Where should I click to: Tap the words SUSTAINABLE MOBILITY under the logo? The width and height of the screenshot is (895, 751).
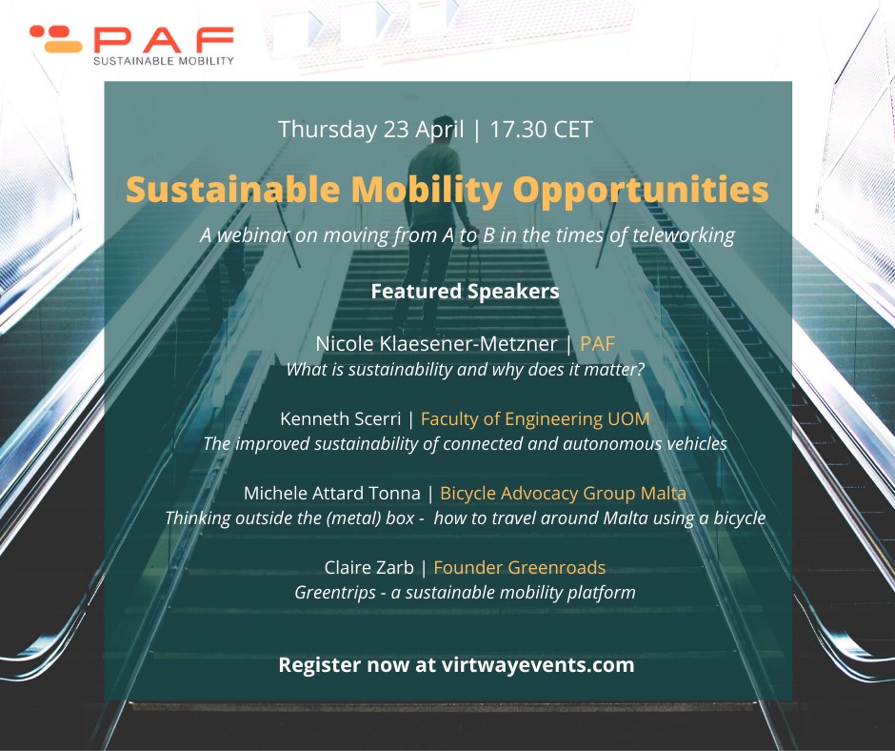(x=163, y=61)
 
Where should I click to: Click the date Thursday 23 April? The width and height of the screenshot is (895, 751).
(x=368, y=130)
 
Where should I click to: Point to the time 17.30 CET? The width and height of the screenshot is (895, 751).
(x=541, y=130)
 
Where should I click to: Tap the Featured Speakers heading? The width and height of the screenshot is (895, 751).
(x=465, y=291)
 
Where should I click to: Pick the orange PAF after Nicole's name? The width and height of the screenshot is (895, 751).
(x=597, y=344)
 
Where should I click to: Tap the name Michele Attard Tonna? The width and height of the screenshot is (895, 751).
(x=330, y=494)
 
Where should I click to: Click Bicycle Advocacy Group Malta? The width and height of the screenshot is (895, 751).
(x=563, y=494)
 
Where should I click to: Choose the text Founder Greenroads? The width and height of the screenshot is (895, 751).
(x=519, y=568)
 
